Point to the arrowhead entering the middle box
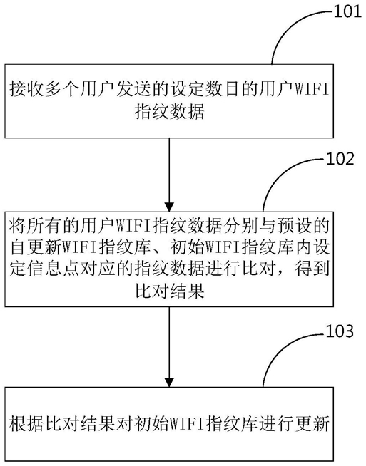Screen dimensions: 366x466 pyautogui.click(x=169, y=207)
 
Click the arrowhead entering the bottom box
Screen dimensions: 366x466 pyautogui.click(x=169, y=383)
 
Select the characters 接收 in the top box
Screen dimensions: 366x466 pyautogui.click(x=27, y=89)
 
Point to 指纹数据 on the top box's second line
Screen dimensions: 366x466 pyautogui.click(x=169, y=112)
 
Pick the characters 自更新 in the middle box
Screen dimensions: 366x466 pyautogui.click(x=36, y=247)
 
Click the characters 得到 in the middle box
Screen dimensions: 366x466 pyautogui.click(x=312, y=269)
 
